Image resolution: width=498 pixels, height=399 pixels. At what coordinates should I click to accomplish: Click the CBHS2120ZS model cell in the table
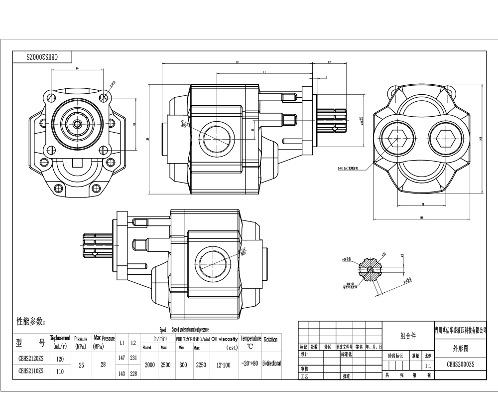pyautogui.click(x=31, y=359)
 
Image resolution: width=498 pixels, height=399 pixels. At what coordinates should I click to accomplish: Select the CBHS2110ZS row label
pyautogui.click(x=31, y=371)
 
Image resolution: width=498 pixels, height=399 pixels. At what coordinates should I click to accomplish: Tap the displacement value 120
pyautogui.click(x=60, y=359)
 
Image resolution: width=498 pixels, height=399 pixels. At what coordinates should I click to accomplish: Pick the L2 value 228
pyautogui.click(x=133, y=374)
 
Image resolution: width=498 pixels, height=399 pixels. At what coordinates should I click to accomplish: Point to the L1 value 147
pyautogui.click(x=122, y=358)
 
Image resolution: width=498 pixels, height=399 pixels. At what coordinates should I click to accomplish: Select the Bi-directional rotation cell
pyautogui.click(x=271, y=364)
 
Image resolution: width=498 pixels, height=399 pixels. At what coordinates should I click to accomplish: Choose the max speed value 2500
pyautogui.click(x=165, y=365)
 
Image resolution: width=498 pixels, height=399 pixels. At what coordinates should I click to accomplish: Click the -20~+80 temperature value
pyautogui.click(x=249, y=364)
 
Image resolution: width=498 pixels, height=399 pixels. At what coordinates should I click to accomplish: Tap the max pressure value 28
pyautogui.click(x=103, y=365)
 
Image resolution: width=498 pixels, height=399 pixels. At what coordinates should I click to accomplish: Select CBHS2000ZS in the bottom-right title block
pyautogui.click(x=460, y=365)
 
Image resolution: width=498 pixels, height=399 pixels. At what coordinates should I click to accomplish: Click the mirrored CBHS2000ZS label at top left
pyautogui.click(x=42, y=57)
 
